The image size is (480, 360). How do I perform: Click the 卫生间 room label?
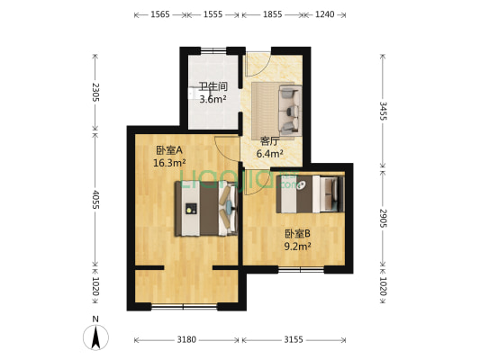[213, 87]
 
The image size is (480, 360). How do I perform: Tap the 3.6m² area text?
[213, 99]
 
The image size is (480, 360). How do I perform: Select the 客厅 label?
[269, 141]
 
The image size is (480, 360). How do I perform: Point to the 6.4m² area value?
[269, 154]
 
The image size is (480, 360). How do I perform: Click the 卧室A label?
[168, 150]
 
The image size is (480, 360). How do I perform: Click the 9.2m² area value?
[298, 246]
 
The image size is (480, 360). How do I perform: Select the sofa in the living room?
[276, 110]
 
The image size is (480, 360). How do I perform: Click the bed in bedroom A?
[206, 209]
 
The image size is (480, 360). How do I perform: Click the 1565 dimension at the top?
[161, 15]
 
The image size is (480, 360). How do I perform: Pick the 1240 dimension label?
[325, 15]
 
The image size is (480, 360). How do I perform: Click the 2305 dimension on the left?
[94, 93]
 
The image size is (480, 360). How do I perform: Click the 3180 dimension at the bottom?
[186, 340]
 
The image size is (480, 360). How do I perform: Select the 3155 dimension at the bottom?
[294, 340]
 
